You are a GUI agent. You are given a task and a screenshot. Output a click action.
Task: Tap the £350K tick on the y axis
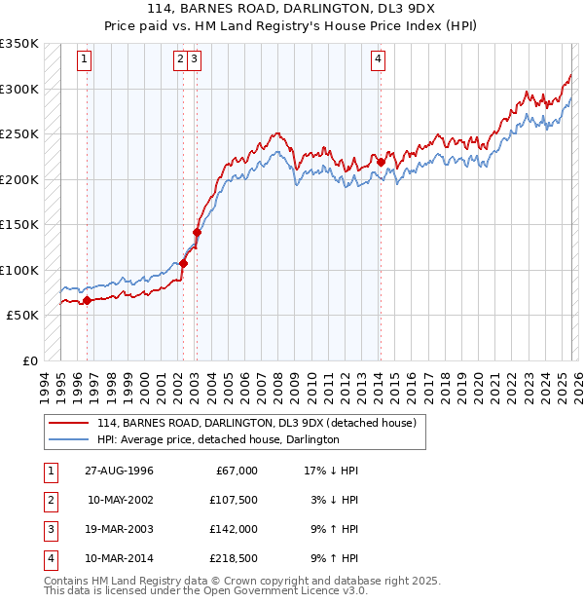[x=19, y=44]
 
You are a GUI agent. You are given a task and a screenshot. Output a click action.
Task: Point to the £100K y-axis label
[x=19, y=270]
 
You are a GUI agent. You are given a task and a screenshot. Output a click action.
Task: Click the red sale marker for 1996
[x=88, y=300]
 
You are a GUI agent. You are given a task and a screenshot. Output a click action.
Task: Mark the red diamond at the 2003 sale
[x=197, y=232]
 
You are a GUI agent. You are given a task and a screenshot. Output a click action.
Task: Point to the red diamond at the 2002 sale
[x=183, y=263]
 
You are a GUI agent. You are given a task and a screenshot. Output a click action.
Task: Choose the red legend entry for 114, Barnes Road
[x=257, y=423]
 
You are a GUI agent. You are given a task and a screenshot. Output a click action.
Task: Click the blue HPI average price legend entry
[x=218, y=439]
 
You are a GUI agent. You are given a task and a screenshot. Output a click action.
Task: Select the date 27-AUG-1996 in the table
[x=119, y=471]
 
